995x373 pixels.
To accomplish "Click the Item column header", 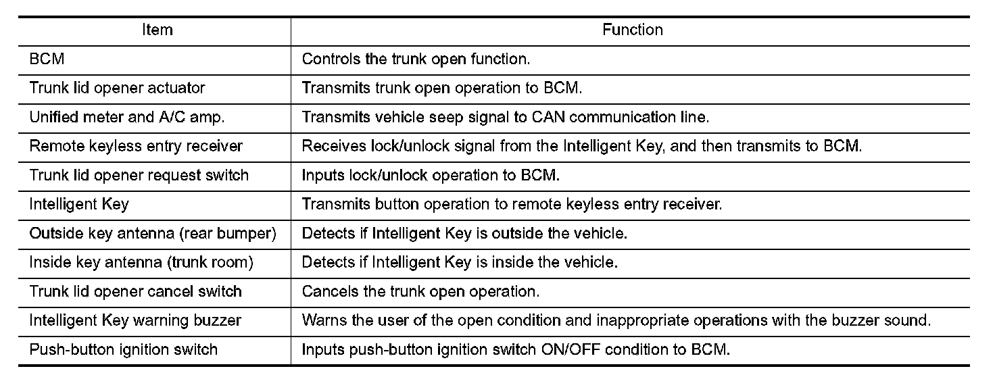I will coord(157,30).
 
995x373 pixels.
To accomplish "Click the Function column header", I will coord(632,30).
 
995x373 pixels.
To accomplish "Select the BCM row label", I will coord(47,59).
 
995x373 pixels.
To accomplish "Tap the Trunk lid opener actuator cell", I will coord(117,88).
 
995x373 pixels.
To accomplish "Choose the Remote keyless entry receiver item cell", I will coord(136,146).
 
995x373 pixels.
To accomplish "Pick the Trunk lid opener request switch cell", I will coord(139,175).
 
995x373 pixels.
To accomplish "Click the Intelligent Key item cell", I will coord(79,204).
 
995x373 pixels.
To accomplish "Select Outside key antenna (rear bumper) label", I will coord(153,234).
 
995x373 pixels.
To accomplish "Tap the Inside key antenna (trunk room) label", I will coord(141,263).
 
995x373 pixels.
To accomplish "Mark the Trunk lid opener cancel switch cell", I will coord(135,292).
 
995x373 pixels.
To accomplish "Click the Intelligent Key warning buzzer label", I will coord(135,321).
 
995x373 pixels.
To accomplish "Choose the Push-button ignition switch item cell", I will coord(124,350).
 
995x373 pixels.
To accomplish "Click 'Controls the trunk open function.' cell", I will coord(416,59).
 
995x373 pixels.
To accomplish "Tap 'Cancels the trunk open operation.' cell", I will coord(420,292).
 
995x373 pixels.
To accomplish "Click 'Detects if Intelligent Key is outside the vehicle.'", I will coord(465,234).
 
